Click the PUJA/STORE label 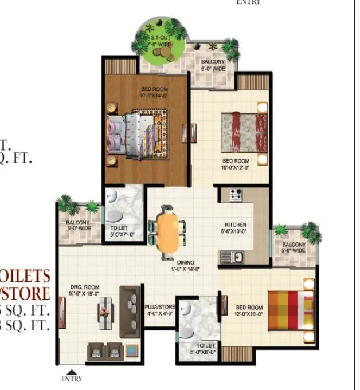pyautogui.click(x=159, y=310)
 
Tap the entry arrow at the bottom pyautogui.click(x=72, y=371)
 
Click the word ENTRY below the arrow pyautogui.click(x=72, y=379)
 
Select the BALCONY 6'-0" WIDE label pyautogui.click(x=213, y=65)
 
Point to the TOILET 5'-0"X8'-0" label pyautogui.click(x=205, y=349)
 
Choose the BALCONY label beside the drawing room pyautogui.click(x=78, y=225)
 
